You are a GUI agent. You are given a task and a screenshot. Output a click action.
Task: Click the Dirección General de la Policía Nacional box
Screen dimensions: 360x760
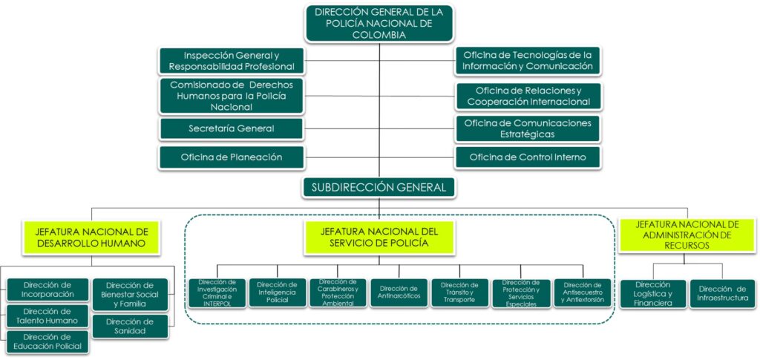tap(379, 24)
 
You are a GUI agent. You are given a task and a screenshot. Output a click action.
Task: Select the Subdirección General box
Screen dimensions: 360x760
tap(379, 187)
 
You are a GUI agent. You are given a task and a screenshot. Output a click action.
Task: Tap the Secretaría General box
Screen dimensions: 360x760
tap(232, 129)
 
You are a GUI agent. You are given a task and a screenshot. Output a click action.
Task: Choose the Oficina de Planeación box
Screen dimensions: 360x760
tap(232, 157)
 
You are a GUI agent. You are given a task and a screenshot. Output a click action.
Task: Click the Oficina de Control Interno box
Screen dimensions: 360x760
tap(528, 157)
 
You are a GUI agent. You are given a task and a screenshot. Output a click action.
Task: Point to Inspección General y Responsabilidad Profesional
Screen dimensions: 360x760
tap(232, 61)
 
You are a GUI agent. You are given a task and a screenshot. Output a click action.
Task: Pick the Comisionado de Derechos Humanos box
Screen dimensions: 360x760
tap(232, 96)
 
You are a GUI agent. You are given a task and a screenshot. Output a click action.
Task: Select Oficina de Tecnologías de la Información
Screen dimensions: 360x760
tap(528, 61)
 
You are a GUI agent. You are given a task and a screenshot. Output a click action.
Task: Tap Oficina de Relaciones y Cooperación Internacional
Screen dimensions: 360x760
tap(528, 96)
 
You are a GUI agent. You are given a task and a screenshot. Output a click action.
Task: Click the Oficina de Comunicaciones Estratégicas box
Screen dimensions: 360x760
tap(528, 128)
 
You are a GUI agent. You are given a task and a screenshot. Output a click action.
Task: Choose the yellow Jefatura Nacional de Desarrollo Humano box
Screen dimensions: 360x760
tap(91, 237)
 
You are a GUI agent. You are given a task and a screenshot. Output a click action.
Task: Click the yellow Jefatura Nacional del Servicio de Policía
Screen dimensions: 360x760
tap(379, 237)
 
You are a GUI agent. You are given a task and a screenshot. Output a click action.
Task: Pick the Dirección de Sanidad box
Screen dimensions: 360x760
tap(130, 327)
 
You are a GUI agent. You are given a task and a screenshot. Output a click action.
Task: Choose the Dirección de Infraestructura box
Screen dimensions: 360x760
tap(722, 293)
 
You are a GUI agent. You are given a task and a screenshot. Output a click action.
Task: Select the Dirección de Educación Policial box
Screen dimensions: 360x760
tap(47, 342)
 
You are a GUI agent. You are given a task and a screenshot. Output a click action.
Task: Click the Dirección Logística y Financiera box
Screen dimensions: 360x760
tap(652, 293)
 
